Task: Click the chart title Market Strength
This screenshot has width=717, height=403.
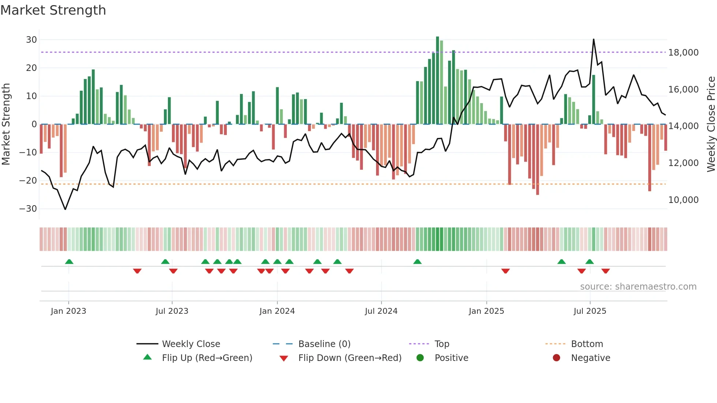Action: tap(53, 10)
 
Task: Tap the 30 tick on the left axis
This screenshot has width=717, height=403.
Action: tap(31, 39)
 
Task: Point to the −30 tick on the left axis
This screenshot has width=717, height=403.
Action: tap(29, 209)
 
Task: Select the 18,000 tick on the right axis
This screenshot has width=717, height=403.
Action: tap(683, 53)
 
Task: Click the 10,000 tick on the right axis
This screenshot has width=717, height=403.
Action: tap(683, 200)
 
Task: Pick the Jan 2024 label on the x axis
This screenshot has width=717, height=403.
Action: tap(277, 311)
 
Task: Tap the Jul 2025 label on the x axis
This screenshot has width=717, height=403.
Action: tap(590, 311)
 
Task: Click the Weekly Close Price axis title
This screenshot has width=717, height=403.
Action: tap(711, 124)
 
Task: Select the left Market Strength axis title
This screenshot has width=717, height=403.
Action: tap(6, 124)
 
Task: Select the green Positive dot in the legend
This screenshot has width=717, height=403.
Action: tap(420, 358)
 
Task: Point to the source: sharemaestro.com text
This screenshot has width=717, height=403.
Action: tap(638, 287)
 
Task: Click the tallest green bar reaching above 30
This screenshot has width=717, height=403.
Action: tap(438, 80)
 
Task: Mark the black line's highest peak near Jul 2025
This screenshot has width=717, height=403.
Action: tap(593, 39)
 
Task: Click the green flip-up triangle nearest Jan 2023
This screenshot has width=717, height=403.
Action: tap(69, 261)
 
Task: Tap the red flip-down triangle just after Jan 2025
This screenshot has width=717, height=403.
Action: tap(506, 271)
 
